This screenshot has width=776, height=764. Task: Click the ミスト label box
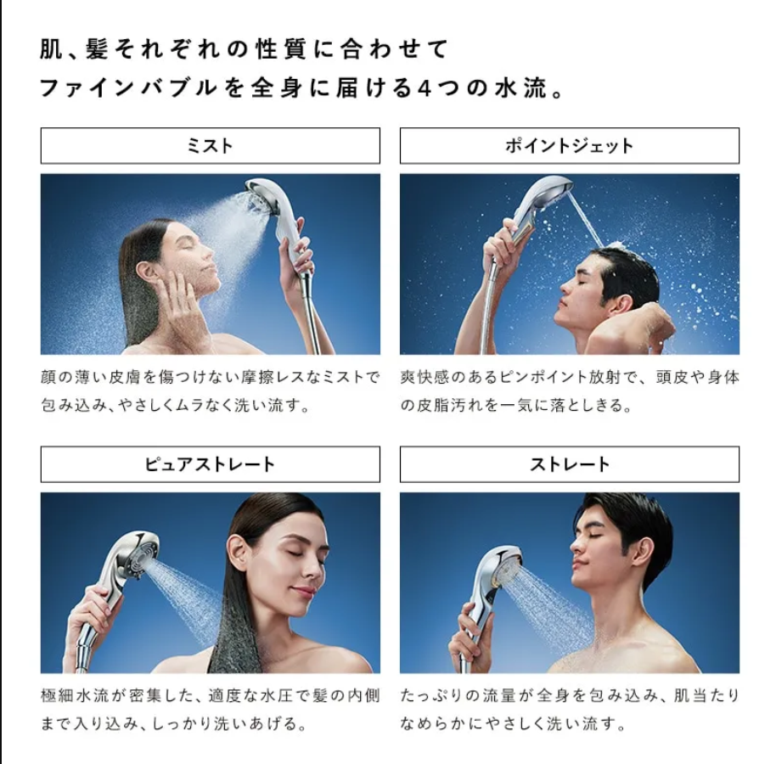click(x=211, y=146)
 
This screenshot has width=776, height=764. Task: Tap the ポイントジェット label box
click(x=570, y=146)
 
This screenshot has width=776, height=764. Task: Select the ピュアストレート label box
click(x=211, y=464)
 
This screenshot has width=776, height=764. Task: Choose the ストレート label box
click(x=570, y=464)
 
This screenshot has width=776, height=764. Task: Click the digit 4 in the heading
click(x=425, y=88)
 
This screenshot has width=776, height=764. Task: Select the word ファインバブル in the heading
click(x=128, y=88)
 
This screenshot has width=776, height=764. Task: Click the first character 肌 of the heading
click(x=52, y=49)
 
